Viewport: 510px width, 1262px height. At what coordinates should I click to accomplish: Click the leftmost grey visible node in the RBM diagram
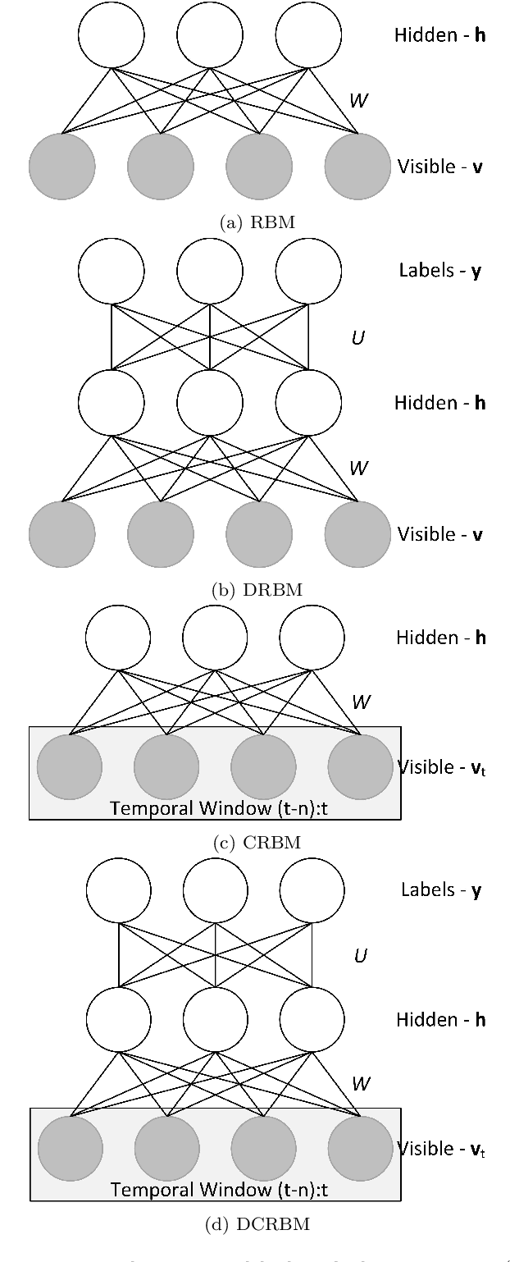pyautogui.click(x=62, y=167)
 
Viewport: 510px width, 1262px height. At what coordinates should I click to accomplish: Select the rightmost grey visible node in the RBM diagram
pyautogui.click(x=357, y=167)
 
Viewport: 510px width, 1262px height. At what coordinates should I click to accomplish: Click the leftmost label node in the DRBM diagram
pyautogui.click(x=112, y=272)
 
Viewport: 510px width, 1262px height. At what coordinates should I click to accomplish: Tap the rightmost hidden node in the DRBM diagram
pyautogui.click(x=308, y=403)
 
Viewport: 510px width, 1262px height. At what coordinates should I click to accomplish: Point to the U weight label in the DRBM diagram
pyautogui.click(x=357, y=336)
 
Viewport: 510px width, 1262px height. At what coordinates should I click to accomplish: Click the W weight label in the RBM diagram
pyautogui.click(x=358, y=101)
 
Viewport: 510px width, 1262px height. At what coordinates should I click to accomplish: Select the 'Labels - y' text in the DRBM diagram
pyautogui.click(x=439, y=272)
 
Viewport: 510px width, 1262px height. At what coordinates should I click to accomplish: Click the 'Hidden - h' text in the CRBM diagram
pyautogui.click(x=440, y=638)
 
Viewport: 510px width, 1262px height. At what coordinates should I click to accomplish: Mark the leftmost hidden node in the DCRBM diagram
pyautogui.click(x=118, y=1020)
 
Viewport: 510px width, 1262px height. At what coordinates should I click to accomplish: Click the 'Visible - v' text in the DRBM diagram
pyautogui.click(x=439, y=534)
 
